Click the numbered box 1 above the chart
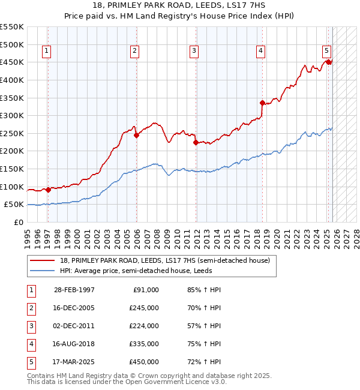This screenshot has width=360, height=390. pyautogui.click(x=47, y=52)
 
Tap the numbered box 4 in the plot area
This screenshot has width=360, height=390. pyautogui.click(x=261, y=52)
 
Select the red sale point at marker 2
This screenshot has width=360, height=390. pyautogui.click(x=137, y=135)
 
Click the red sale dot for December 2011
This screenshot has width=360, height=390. pyautogui.click(x=196, y=143)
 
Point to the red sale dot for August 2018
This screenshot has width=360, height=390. pyautogui.click(x=262, y=103)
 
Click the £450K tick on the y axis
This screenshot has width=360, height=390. pyautogui.click(x=11, y=62)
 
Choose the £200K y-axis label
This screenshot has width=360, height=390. pyautogui.click(x=11, y=151)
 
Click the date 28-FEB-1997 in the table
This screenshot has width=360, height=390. pyautogui.click(x=74, y=290)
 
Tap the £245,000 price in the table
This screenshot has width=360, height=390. pyautogui.click(x=144, y=308)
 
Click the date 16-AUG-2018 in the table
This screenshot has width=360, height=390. pyautogui.click(x=74, y=344)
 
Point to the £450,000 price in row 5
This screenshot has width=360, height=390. pyautogui.click(x=144, y=362)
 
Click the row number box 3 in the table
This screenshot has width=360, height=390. pyautogui.click(x=31, y=326)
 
